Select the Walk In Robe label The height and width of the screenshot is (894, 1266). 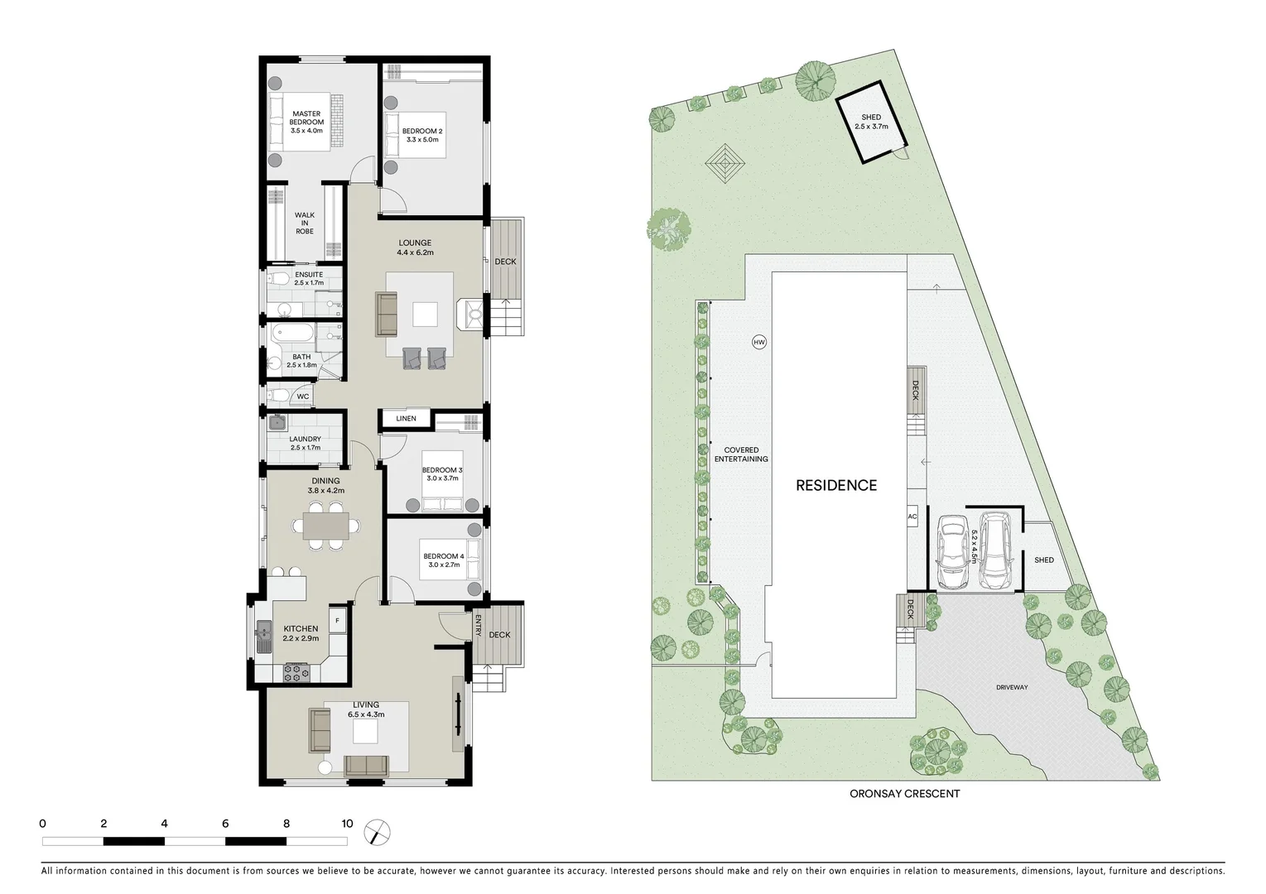305,223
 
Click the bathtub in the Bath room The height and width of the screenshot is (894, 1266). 293,335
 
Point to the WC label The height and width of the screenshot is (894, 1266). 303,397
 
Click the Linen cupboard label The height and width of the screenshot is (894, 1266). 406,419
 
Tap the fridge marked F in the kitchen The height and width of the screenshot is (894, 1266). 338,620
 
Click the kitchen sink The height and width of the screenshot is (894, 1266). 263,636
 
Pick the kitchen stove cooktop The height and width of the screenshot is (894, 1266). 296,672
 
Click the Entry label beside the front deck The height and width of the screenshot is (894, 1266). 478,629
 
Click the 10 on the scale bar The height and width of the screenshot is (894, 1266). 347,824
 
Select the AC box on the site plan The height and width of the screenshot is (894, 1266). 912,517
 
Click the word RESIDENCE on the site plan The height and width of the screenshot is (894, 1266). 835,486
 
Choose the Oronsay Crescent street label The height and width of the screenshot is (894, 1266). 904,794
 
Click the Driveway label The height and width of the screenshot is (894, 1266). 1011,687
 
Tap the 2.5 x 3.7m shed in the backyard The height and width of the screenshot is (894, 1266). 870,123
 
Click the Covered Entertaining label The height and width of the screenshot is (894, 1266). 741,454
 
